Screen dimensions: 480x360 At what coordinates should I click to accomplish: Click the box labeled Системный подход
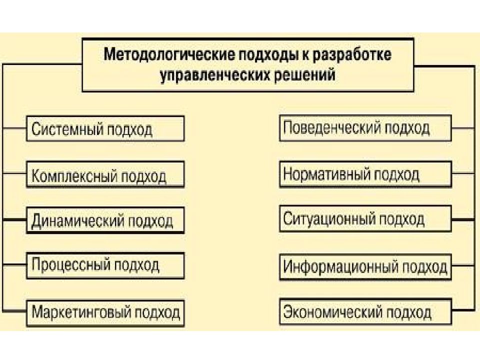coord(105,128)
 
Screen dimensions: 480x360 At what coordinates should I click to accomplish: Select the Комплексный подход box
coord(105,174)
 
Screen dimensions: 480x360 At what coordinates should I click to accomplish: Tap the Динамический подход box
coord(105,220)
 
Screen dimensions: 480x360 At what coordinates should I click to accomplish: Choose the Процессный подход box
coord(105,265)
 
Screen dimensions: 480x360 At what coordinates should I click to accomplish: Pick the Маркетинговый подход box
coord(105,313)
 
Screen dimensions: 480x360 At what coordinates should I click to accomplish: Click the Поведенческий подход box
coord(365,128)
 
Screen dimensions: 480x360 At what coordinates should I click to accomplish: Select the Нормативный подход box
coord(365,174)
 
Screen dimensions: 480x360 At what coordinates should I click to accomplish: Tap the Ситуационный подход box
coord(365,218)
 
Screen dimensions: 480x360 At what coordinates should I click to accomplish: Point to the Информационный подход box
coord(365,267)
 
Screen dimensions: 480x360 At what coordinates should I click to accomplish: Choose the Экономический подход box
coord(365,312)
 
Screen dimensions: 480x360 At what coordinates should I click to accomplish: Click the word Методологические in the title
coord(169,54)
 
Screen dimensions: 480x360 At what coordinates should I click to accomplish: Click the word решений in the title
coord(304,74)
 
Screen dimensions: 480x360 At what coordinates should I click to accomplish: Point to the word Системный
coord(66,129)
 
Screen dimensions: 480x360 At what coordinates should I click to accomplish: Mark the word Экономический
coord(333,312)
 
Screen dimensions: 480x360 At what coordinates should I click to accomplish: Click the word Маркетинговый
coord(81,312)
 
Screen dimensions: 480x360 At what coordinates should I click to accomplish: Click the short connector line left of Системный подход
coord(14,128)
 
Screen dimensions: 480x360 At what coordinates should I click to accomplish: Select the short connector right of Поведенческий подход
coord(463,128)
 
